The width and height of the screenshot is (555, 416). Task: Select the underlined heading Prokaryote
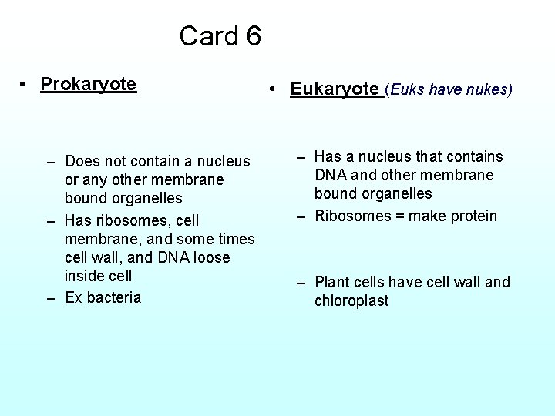tap(89, 84)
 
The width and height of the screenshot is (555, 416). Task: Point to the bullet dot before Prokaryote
tap(25, 84)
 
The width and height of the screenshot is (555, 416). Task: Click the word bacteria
tap(113, 297)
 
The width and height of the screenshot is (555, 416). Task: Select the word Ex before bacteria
tap(73, 297)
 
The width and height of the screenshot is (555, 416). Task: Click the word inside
tap(87, 276)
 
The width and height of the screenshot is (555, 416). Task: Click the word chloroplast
tap(351, 300)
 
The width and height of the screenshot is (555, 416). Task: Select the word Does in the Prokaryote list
tap(82, 161)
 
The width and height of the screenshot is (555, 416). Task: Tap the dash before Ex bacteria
tap(51, 297)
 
